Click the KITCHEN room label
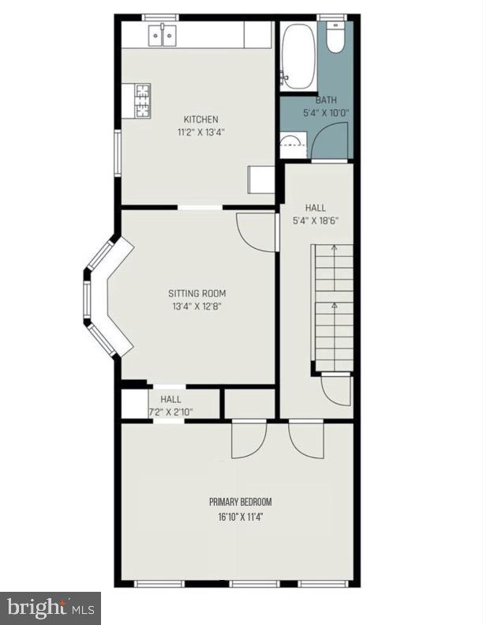point(200,119)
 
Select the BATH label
point(326,100)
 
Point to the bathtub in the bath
point(298,55)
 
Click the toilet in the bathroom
point(335,36)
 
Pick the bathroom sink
point(290,144)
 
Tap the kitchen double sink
point(164,34)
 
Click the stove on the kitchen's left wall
point(142,100)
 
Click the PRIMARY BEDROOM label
point(241,502)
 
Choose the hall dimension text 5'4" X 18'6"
point(315,220)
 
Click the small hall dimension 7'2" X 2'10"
point(170,412)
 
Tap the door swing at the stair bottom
point(336,390)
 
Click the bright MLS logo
point(51,608)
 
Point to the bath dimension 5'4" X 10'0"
point(326,113)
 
